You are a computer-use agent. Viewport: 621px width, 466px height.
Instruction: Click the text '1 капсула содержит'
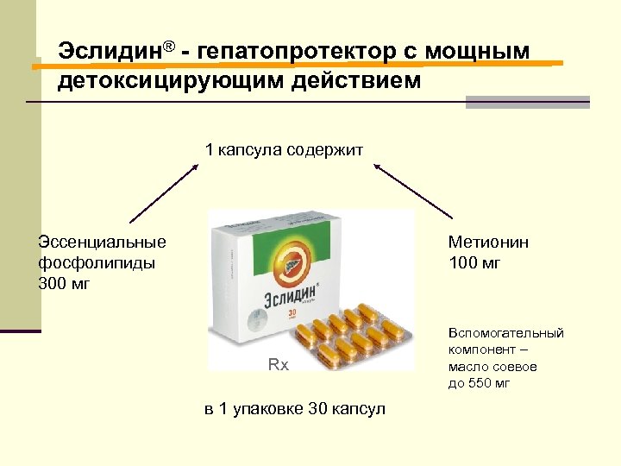[284, 150]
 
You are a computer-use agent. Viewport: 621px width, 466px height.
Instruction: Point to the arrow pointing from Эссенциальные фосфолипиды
[164, 192]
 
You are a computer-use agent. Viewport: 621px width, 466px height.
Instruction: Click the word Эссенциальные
[103, 242]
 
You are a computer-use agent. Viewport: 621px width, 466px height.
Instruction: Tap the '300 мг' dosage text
[65, 284]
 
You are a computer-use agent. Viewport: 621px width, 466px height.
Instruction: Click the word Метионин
[488, 242]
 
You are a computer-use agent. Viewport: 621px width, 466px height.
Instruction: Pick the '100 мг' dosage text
[474, 263]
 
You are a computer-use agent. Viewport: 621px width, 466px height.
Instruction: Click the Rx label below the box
[278, 365]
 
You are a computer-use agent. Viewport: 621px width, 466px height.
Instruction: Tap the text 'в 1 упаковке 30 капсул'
[295, 408]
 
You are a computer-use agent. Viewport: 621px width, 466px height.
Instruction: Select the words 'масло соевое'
[492, 367]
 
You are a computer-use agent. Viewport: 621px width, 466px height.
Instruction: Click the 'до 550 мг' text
[479, 383]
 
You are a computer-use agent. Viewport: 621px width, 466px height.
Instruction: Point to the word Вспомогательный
[505, 333]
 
